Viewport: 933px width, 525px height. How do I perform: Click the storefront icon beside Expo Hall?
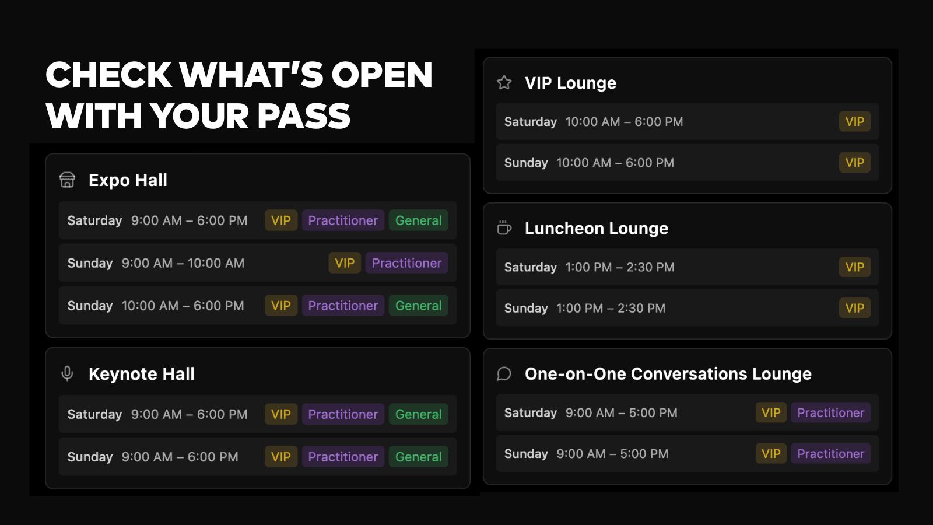coord(67,180)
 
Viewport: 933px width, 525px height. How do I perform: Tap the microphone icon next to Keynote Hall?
coord(67,373)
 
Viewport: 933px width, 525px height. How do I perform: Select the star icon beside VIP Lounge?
coord(504,82)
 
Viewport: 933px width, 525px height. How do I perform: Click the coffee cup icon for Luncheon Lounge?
coord(504,228)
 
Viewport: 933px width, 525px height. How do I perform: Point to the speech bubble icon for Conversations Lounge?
coord(504,374)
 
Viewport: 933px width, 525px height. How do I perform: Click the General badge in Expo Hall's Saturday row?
coord(418,220)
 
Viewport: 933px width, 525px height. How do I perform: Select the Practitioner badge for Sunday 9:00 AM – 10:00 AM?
coord(406,263)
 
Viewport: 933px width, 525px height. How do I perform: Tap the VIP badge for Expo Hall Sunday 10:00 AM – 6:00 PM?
coord(281,306)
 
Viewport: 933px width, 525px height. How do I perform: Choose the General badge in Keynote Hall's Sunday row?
coord(418,457)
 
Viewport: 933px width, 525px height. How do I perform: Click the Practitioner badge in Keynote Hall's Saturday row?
coord(343,414)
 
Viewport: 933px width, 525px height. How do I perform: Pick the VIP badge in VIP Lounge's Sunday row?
coord(855,163)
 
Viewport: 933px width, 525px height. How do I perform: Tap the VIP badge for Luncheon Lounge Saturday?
coord(855,267)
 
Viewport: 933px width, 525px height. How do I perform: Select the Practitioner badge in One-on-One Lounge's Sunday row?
coord(830,454)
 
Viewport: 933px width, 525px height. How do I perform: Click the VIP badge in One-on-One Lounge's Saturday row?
coord(771,412)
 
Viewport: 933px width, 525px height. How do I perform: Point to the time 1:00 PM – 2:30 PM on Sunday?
coord(611,309)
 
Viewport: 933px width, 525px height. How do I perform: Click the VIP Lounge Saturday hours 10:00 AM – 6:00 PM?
coord(624,122)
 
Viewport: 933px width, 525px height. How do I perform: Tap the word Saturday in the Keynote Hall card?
coord(94,414)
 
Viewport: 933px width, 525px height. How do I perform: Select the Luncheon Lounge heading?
coord(596,228)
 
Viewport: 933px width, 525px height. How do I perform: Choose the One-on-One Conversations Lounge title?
coord(668,374)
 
